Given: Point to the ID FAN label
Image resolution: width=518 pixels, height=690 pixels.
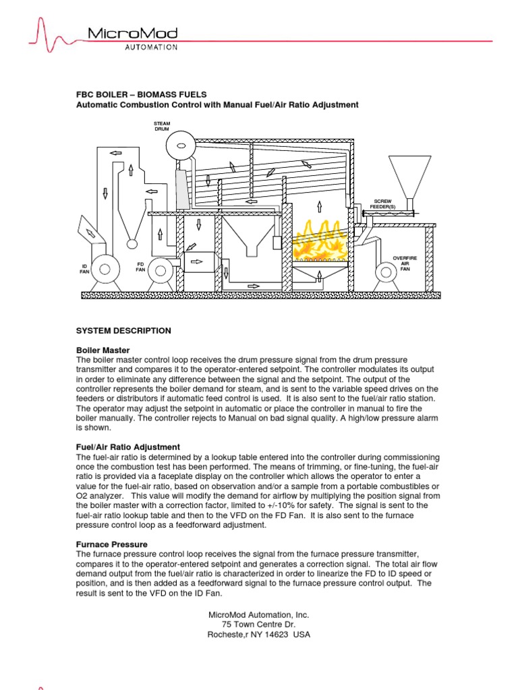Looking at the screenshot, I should click(85, 270).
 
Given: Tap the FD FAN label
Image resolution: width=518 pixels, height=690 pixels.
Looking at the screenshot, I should click(141, 266).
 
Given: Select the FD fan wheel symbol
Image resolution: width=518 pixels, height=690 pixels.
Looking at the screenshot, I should click(161, 271).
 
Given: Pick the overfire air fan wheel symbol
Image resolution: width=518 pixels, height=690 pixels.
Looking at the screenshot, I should click(386, 272).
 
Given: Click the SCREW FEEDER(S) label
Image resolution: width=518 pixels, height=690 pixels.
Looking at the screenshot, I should click(382, 203).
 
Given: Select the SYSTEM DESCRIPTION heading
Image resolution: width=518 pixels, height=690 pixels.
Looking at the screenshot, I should click(123, 331).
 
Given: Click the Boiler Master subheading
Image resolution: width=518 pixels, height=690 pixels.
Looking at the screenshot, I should click(103, 350).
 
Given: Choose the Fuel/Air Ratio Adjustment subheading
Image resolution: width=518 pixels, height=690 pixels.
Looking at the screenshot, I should click(127, 447).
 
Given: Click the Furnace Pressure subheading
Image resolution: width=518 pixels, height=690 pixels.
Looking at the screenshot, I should click(111, 544).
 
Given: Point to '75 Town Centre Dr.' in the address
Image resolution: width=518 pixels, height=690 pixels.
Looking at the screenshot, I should click(259, 625).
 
